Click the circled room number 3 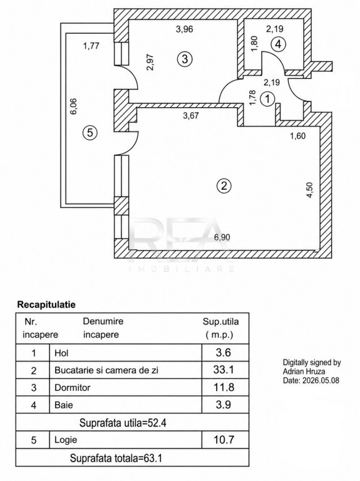tap(185, 59)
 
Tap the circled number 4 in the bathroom tap(278, 45)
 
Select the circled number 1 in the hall tap(267, 100)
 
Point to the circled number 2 tap(224, 186)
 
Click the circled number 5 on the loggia tap(90, 133)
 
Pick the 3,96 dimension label tap(184, 29)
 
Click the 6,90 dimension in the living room tap(222, 237)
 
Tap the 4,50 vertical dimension tap(309, 190)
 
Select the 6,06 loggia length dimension tap(74, 106)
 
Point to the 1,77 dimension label tap(91, 46)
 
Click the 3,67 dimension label tap(190, 116)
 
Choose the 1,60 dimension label tap(298, 135)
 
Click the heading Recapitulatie tap(46, 304)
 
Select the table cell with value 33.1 tap(224, 370)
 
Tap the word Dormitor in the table tap(73, 388)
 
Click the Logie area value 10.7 tap(224, 440)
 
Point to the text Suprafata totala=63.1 tap(116, 458)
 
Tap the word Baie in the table tap(64, 405)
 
